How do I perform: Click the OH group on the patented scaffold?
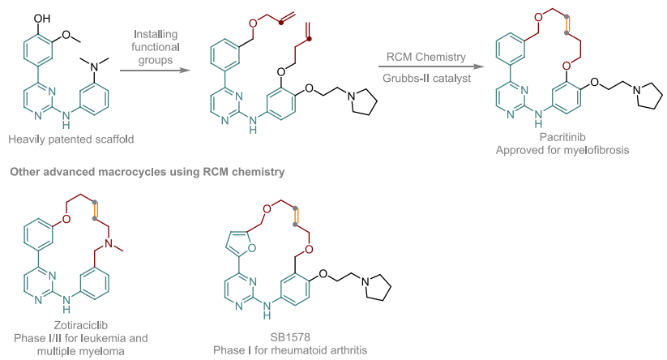pyautogui.click(x=42, y=19)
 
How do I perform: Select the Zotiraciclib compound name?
pyautogui.click(x=81, y=325)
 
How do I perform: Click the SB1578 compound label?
pyautogui.click(x=290, y=337)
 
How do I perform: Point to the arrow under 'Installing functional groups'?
pyautogui.click(x=155, y=70)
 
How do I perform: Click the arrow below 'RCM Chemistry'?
pyautogui.click(x=431, y=66)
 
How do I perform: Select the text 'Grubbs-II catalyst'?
pyautogui.click(x=426, y=79)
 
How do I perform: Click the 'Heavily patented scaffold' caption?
pyautogui.click(x=71, y=139)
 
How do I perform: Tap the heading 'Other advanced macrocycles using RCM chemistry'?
pyautogui.click(x=148, y=172)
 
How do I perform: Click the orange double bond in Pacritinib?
pyautogui.click(x=567, y=24)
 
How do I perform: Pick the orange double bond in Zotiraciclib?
pyautogui.click(x=96, y=210)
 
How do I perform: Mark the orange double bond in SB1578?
pyautogui.click(x=296, y=216)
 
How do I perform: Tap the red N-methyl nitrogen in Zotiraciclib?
pyautogui.click(x=109, y=243)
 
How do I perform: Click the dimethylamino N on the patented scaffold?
pyautogui.click(x=95, y=66)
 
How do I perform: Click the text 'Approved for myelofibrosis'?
pyautogui.click(x=562, y=150)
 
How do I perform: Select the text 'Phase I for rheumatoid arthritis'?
pyautogui.click(x=290, y=350)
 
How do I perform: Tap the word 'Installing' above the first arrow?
pyautogui.click(x=156, y=34)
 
